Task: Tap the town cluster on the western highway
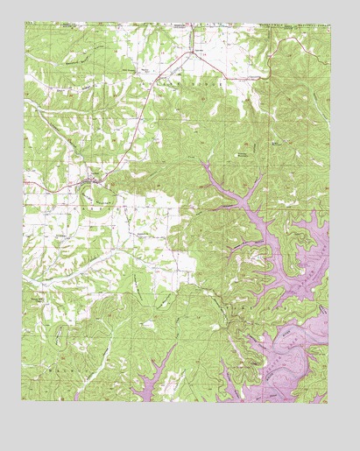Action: [90, 181]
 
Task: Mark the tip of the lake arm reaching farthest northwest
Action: [203, 162]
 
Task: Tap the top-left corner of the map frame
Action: [24, 25]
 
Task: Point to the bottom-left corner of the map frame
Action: [24, 402]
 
